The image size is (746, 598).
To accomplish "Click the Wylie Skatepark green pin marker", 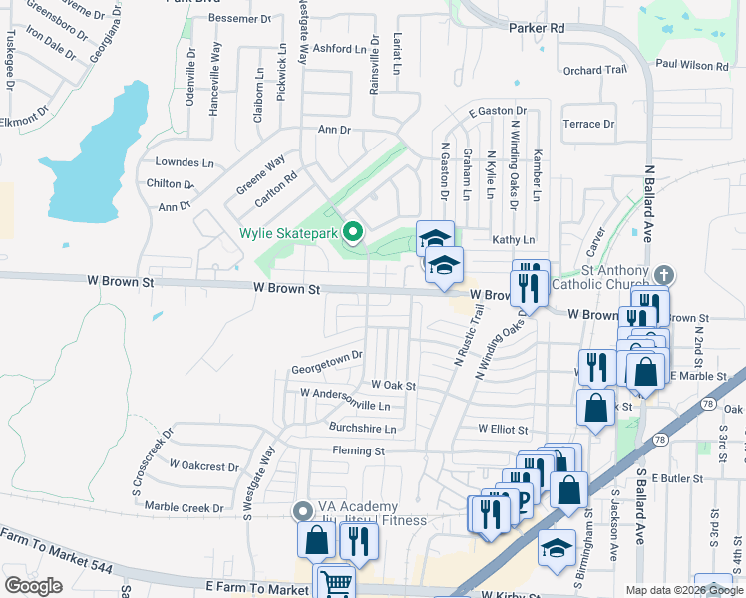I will pyautogui.click(x=352, y=234).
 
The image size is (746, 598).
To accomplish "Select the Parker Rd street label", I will pyautogui.click(x=537, y=29).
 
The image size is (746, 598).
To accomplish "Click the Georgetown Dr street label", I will pyautogui.click(x=326, y=368).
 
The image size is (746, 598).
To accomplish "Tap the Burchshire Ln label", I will pyautogui.click(x=362, y=429).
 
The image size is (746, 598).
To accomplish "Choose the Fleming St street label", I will pyautogui.click(x=358, y=451).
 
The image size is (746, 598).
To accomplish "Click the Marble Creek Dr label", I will pyautogui.click(x=185, y=507).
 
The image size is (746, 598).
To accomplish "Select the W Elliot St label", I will pyautogui.click(x=502, y=429).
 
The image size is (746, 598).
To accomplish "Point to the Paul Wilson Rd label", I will pyautogui.click(x=692, y=65).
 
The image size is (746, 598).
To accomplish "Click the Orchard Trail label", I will pyautogui.click(x=594, y=71).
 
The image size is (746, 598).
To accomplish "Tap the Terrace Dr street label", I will pyautogui.click(x=588, y=125).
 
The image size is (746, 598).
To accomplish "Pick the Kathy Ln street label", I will pyautogui.click(x=514, y=240).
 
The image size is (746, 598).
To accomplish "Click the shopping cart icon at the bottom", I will pyautogui.click(x=337, y=583).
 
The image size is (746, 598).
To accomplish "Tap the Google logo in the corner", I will pyautogui.click(x=33, y=586).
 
